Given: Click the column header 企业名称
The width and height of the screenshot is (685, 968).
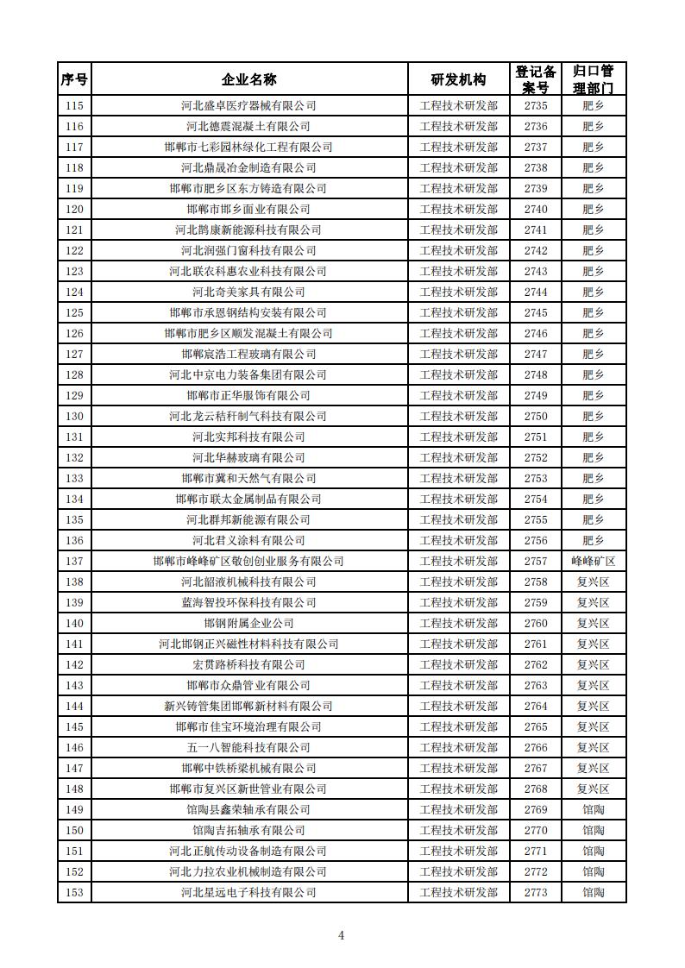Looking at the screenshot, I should click(248, 79).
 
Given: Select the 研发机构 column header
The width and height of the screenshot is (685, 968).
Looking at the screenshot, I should click(458, 79).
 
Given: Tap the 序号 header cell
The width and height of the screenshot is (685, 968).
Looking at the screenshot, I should click(74, 79).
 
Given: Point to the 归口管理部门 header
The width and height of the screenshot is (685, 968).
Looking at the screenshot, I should click(593, 79).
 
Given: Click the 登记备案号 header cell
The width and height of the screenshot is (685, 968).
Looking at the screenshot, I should click(535, 79).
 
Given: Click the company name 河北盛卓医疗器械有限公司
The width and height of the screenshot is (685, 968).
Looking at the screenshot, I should click(248, 105).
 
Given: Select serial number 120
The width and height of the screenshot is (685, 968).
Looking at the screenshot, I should click(74, 209).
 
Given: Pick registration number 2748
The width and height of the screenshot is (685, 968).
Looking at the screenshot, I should click(535, 374).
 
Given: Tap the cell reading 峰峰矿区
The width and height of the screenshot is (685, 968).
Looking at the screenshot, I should click(593, 561).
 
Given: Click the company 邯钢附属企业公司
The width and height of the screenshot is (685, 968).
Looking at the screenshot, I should click(248, 623).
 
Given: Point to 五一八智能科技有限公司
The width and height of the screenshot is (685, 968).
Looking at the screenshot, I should click(248, 747).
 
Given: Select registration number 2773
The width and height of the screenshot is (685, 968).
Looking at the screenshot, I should click(535, 892).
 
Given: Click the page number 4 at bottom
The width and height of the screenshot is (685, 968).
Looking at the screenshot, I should click(342, 935).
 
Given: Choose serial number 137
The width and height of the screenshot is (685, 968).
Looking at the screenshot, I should click(74, 561).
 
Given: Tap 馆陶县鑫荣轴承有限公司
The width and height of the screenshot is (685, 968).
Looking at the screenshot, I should click(248, 809).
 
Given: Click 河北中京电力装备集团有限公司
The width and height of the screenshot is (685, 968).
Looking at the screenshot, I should click(248, 374).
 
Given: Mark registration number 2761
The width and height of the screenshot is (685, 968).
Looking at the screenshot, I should click(535, 644).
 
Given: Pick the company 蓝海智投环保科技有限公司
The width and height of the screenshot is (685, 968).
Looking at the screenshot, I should click(248, 602).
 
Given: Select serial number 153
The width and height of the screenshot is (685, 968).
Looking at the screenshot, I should click(74, 892).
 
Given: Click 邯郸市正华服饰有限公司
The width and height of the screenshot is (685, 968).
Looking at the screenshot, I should click(248, 395).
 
